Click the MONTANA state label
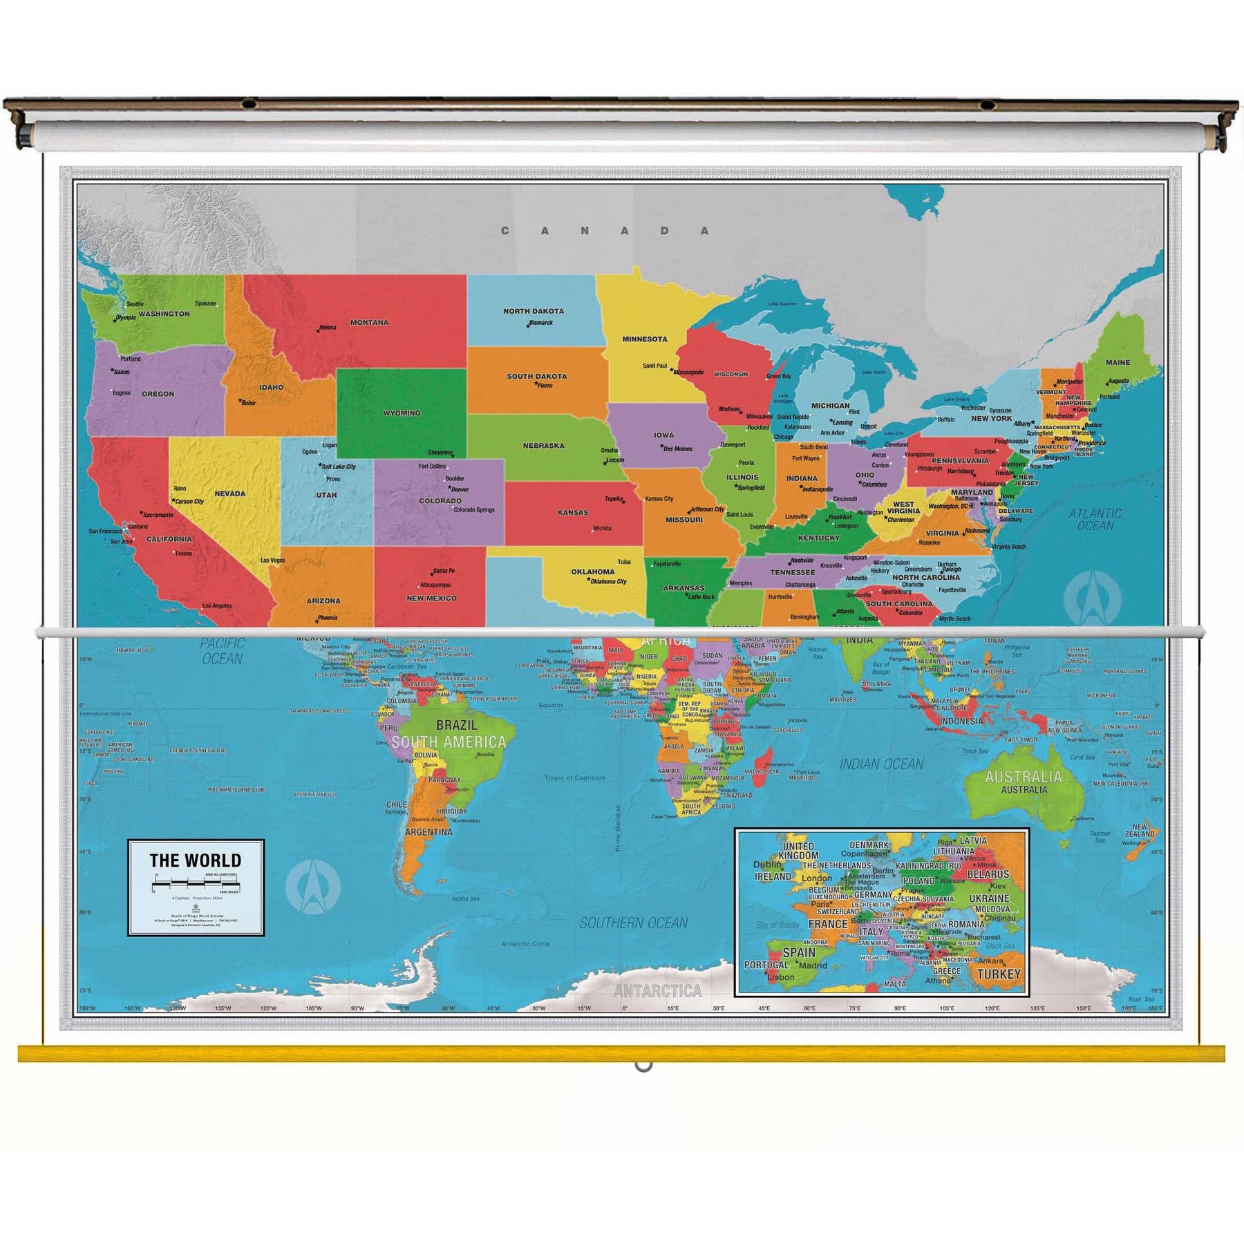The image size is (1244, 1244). (x=369, y=323)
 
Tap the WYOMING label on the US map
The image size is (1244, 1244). (x=402, y=413)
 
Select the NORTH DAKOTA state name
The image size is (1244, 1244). (x=533, y=311)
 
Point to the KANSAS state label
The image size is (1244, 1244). (x=573, y=513)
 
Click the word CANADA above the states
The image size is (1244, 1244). (x=605, y=231)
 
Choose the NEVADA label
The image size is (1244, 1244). (x=229, y=493)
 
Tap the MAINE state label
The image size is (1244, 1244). (x=1118, y=362)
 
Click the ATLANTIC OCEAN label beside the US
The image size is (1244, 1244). (x=1095, y=519)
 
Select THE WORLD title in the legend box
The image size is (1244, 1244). (x=196, y=860)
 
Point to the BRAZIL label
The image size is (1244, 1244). (x=456, y=725)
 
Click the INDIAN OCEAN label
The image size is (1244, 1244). (x=881, y=764)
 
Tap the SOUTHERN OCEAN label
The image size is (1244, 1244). (x=633, y=923)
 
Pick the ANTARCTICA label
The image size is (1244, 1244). (x=657, y=991)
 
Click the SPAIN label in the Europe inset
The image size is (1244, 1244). (x=799, y=952)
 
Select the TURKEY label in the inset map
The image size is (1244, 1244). (x=999, y=974)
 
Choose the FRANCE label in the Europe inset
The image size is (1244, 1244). (x=827, y=924)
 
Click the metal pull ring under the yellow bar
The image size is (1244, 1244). (x=643, y=1066)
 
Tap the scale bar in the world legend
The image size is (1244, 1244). (x=196, y=883)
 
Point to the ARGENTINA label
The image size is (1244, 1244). (x=428, y=832)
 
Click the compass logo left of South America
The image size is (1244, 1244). (x=312, y=887)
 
